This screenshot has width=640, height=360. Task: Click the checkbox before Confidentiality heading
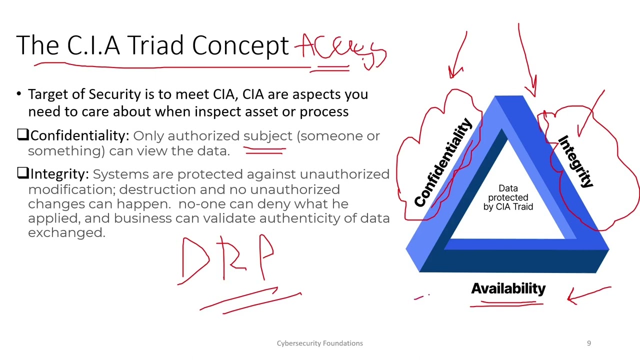pos(22,135)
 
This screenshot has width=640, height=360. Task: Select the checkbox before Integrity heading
pos(22,173)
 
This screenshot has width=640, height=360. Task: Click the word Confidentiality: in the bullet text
pos(79,135)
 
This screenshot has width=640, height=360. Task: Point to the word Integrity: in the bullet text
pos(59,174)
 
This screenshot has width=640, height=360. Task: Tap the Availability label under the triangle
pos(508,288)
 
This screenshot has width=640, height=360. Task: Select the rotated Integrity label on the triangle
pos(575,161)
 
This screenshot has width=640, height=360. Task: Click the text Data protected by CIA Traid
pos(508,197)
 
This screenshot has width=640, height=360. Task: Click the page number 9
pos(588,343)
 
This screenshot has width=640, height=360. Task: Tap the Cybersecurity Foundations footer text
pos(319,343)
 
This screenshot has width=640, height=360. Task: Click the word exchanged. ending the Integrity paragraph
pos(66,232)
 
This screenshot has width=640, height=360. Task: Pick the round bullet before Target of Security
pos(19,94)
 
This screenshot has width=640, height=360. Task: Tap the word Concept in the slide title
pos(240,45)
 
